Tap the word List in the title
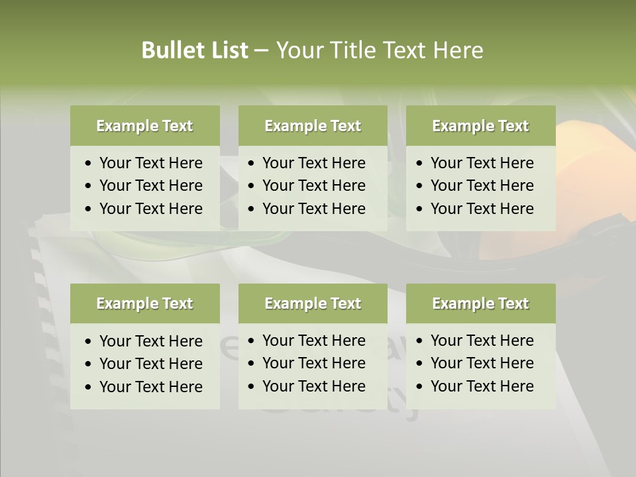227,50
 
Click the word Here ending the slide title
458,50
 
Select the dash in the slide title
261,50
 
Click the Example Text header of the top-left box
144,126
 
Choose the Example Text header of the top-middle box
313,126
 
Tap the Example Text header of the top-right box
480,126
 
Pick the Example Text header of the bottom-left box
144,303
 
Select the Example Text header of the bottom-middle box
313,303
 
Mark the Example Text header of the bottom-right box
480,303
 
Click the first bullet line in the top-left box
150,163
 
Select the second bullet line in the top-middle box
313,185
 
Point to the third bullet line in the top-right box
482,209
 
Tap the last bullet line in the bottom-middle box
313,386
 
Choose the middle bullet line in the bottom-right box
482,363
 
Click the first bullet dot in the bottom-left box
89,342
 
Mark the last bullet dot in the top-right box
420,209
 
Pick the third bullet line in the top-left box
150,209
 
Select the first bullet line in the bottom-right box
482,341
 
